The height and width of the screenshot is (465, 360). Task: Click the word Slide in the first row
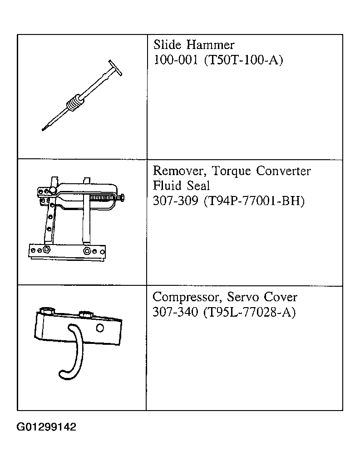coord(167,44)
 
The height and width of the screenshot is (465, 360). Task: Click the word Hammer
coord(211,45)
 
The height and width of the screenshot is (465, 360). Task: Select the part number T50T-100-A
coord(243,60)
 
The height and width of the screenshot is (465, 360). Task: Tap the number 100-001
coord(176,60)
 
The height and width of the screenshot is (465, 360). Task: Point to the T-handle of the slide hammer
coord(115,68)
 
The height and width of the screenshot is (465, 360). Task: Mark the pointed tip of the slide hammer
coord(43,129)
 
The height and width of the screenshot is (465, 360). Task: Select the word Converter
coord(283,171)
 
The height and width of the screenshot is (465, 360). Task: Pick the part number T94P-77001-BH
coord(254,201)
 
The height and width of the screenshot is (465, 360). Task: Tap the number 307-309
coord(175,201)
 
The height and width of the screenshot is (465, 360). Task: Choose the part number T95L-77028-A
coord(250,313)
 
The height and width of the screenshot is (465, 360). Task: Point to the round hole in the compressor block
coord(100,328)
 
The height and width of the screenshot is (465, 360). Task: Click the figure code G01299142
coord(46,427)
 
